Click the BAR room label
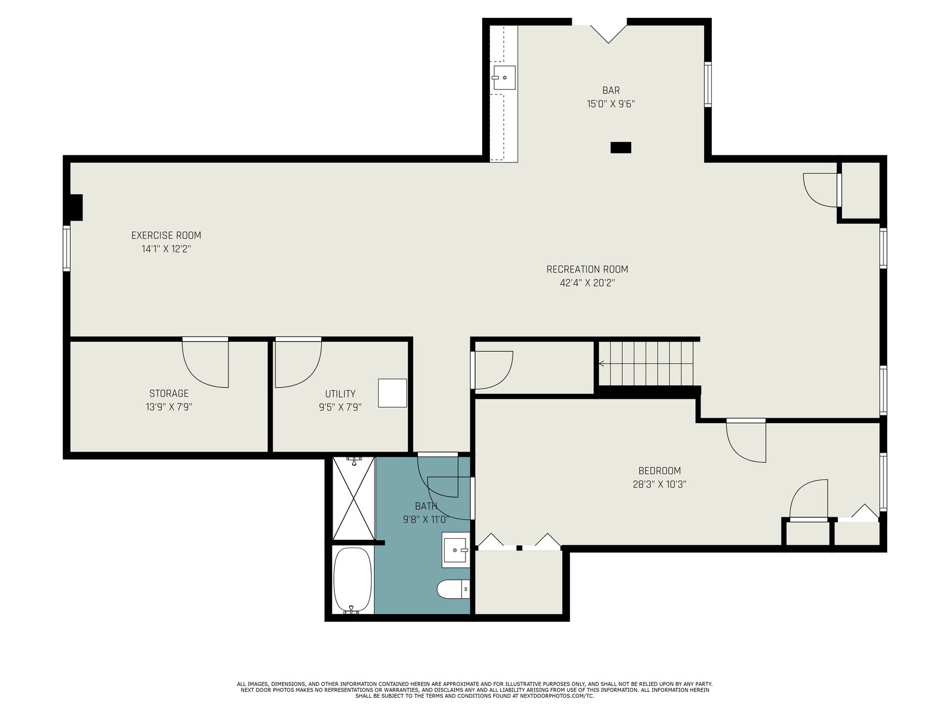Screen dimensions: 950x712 [611, 90]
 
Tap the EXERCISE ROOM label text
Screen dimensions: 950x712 [166, 236]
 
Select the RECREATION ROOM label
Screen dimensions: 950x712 [587, 269]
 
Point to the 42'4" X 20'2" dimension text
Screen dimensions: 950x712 [587, 283]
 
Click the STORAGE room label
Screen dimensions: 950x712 [169, 393]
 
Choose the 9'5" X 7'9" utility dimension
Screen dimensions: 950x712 [340, 407]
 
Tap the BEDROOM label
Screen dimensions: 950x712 [660, 471]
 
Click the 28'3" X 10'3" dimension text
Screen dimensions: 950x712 [660, 484]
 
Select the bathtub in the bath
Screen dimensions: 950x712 [352, 580]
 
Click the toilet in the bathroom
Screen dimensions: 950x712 [453, 589]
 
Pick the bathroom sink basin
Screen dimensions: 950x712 [455, 550]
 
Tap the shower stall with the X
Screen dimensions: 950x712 [353, 498]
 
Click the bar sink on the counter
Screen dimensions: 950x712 [504, 77]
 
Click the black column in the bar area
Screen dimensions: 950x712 [620, 147]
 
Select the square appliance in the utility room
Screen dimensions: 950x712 [392, 393]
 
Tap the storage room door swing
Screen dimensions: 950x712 [205, 363]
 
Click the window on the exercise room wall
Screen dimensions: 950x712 [66, 248]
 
